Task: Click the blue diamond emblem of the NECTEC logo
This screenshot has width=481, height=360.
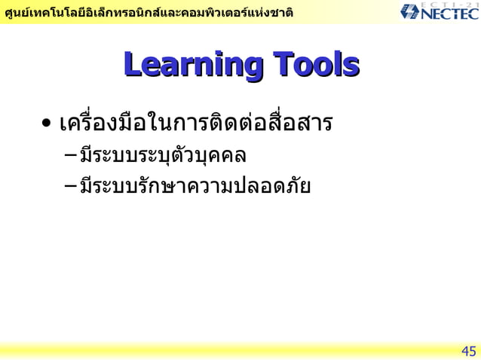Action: point(412,13)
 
